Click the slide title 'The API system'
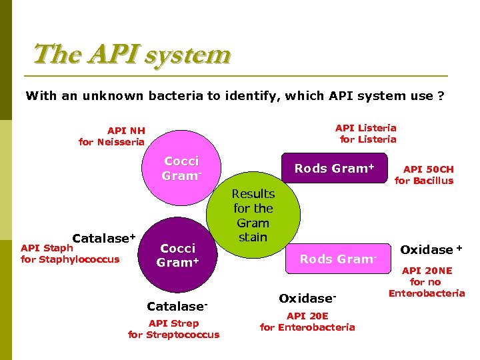(131, 54)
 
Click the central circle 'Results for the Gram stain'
(253, 215)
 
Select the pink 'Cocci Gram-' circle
(181, 169)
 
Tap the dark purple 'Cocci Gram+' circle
(178, 255)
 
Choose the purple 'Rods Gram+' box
(334, 169)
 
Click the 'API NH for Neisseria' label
(112, 136)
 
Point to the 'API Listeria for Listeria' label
(366, 133)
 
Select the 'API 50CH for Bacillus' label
(424, 175)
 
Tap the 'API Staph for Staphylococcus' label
(70, 254)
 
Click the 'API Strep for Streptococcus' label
(173, 329)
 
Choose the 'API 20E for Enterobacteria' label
(307, 321)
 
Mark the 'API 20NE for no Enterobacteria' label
(427, 282)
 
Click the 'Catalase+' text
(103, 238)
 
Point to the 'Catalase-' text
(177, 307)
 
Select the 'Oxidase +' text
(431, 249)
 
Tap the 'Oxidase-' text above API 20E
(307, 298)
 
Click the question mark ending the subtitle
(441, 96)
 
